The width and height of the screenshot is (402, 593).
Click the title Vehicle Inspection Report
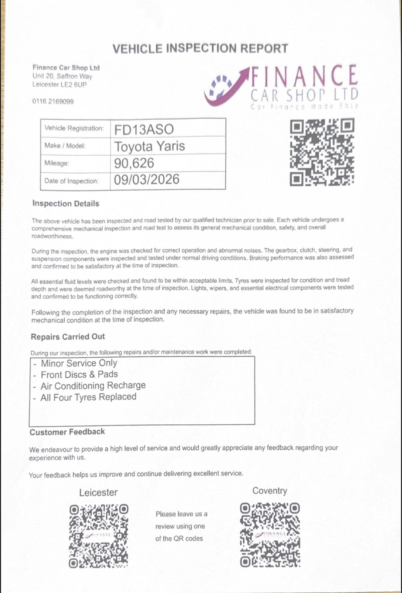coord(200,49)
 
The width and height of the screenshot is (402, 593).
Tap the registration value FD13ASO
coord(144,129)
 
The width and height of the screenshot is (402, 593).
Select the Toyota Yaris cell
coord(149,146)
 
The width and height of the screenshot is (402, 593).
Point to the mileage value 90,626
coord(134,163)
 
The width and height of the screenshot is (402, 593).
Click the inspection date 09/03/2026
coord(146,180)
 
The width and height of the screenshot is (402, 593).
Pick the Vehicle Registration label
coord(74,128)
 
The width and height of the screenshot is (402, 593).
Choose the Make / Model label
coord(65,146)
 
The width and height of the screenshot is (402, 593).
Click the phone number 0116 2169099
coord(53,102)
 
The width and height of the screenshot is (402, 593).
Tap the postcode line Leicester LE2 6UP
coord(59,85)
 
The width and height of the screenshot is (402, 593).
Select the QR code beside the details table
coord(322,152)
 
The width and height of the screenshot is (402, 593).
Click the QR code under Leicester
coord(99,536)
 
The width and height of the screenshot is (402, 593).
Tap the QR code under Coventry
coord(270,534)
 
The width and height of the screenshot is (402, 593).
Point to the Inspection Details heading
coord(66,203)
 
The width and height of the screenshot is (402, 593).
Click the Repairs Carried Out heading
coord(68,337)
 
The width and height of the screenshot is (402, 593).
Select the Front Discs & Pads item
coord(79,375)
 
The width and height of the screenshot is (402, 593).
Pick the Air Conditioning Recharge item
coord(93,386)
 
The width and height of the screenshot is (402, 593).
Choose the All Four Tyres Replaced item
coord(88,397)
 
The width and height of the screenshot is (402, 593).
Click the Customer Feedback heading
coord(67,432)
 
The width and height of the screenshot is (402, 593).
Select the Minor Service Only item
coord(79,363)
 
